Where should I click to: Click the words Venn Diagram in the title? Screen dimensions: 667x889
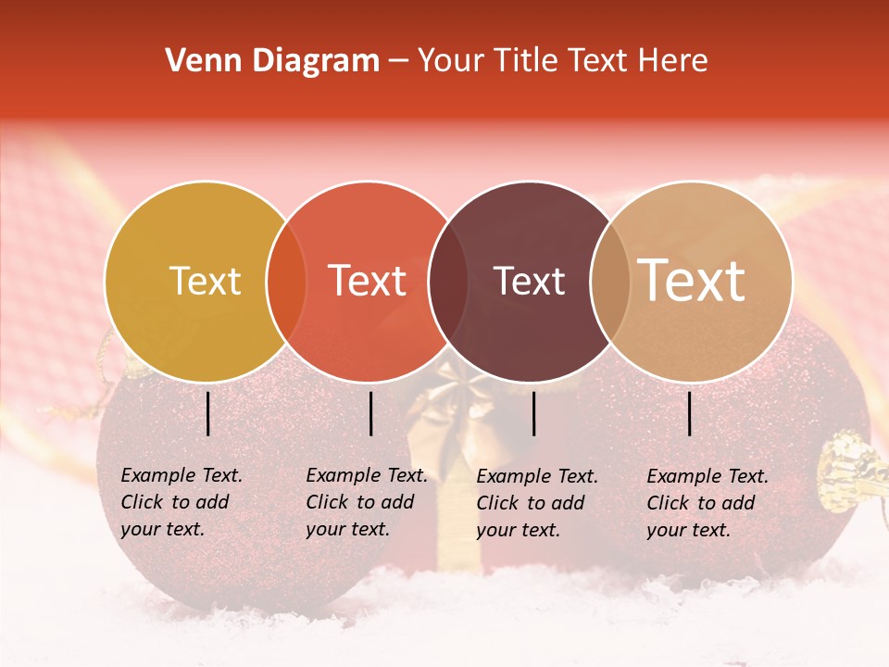point(272,61)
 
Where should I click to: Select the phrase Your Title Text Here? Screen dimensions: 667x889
point(563,61)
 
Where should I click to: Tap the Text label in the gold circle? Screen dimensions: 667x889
point(205,281)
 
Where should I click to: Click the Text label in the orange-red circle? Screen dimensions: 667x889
point(368,281)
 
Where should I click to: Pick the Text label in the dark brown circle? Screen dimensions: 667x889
point(529,281)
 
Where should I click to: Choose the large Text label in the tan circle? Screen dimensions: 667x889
point(692,281)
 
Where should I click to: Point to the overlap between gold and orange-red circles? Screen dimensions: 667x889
point(286,281)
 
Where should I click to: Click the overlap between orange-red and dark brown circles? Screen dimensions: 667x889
point(448,281)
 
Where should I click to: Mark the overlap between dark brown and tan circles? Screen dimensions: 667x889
point(609,281)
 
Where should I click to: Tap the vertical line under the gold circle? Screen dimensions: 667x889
point(208,413)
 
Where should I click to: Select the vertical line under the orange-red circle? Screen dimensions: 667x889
point(370,413)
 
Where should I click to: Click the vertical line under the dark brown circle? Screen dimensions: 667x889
point(534,413)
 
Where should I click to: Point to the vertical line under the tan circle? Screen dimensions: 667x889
point(690,413)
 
